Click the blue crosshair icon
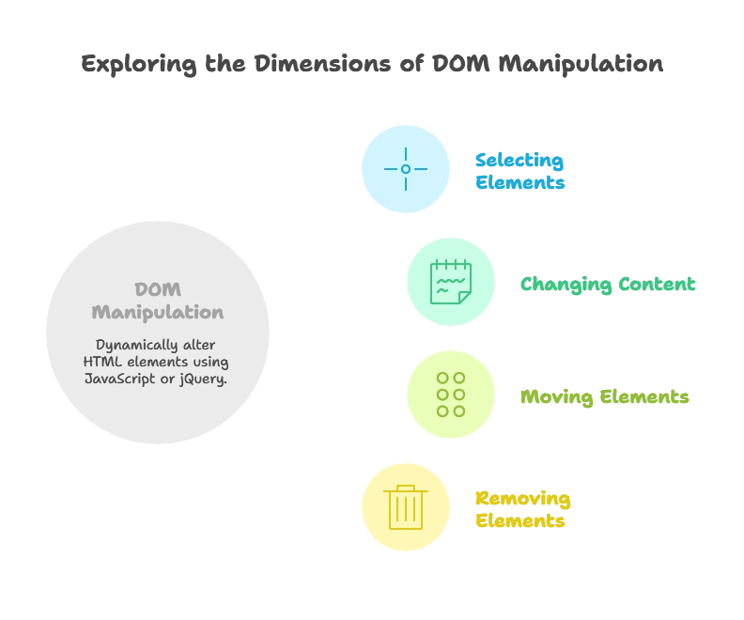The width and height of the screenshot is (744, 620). (406, 169)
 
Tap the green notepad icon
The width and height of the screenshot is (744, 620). (450, 282)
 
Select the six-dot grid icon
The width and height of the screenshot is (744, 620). (451, 395)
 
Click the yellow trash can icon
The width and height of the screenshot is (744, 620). (406, 506)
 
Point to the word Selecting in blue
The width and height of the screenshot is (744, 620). (519, 160)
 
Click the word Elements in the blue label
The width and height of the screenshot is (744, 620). (519, 182)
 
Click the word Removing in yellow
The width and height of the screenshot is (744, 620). (522, 498)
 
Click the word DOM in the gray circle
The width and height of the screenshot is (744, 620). (157, 289)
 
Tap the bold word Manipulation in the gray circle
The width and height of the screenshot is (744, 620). (157, 312)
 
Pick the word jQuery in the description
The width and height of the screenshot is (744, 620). (203, 379)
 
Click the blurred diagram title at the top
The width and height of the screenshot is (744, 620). (372, 64)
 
